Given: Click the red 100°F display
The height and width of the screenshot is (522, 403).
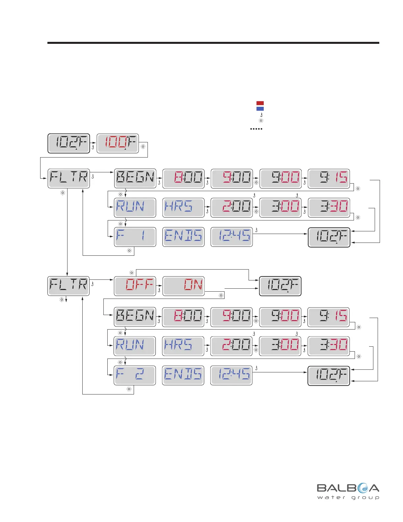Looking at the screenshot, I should (x=118, y=143).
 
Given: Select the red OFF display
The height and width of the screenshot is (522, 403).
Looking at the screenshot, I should (x=135, y=286).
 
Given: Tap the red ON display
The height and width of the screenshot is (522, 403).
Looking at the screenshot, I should (x=183, y=286).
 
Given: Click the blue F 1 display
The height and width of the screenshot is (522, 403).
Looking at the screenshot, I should (x=135, y=237).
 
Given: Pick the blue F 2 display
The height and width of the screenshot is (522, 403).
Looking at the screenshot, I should (x=135, y=375).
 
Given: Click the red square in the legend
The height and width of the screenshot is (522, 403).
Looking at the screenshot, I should (x=260, y=103).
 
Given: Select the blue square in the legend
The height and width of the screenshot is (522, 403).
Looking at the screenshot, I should (x=260, y=109).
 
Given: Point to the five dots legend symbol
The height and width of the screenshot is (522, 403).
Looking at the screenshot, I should (x=256, y=129).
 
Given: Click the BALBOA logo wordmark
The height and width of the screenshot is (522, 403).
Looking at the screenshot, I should (x=348, y=488).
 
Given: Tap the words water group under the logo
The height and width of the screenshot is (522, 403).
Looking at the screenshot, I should (x=348, y=498).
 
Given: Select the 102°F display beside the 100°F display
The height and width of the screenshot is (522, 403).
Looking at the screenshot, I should (x=69, y=143).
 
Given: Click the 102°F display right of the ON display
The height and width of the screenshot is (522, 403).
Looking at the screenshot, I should (x=280, y=286).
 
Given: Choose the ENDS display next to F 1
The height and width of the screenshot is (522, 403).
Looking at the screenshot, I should (x=183, y=237).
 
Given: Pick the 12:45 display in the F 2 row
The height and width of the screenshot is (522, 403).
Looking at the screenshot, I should (x=231, y=375).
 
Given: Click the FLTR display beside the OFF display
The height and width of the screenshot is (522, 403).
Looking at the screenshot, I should (x=68, y=286).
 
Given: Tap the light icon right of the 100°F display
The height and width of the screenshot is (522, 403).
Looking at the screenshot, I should (x=143, y=147).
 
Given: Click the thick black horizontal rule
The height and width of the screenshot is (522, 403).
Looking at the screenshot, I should (x=213, y=43).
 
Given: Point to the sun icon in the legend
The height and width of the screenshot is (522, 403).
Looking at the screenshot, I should (x=261, y=121).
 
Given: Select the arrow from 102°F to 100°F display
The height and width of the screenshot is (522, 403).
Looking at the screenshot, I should (x=94, y=143).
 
